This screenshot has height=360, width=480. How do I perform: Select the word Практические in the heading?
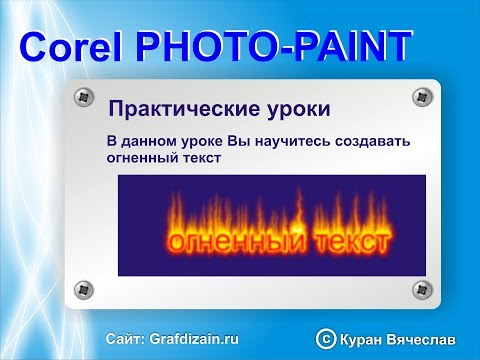(x=181, y=107)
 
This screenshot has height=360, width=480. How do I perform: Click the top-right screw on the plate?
(x=419, y=97)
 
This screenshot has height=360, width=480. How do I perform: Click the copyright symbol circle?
(x=323, y=340)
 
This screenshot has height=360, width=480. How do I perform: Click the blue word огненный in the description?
(x=145, y=158)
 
